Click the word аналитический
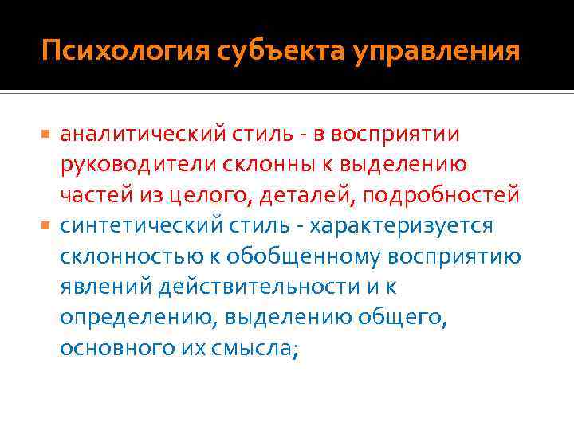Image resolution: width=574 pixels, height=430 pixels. tap(140, 135)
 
